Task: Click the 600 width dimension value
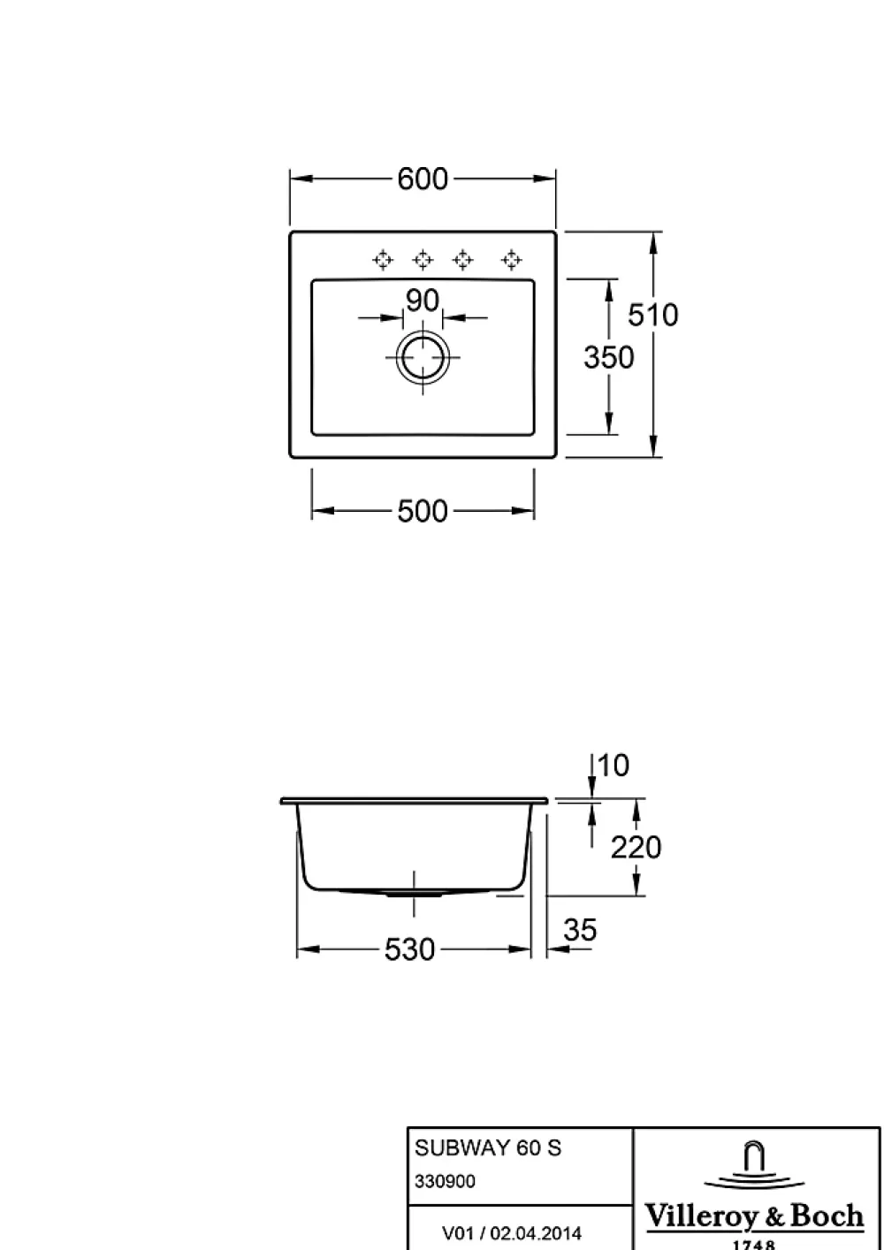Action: pyautogui.click(x=423, y=179)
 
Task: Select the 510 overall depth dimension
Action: pyautogui.click(x=653, y=315)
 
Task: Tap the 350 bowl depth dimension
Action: pyautogui.click(x=609, y=357)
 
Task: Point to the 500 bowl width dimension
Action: pyautogui.click(x=423, y=511)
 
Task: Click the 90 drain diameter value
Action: pyautogui.click(x=423, y=301)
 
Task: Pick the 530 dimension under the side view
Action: pyautogui.click(x=409, y=949)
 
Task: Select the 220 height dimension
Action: pyautogui.click(x=636, y=847)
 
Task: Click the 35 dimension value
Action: pyautogui.click(x=580, y=930)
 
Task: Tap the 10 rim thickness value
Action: pyautogui.click(x=613, y=765)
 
